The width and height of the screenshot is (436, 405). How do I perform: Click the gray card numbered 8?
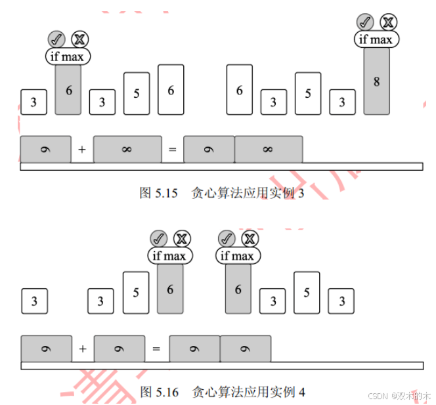coord(376,81)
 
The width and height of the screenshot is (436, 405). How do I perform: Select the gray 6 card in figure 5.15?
coord(68,90)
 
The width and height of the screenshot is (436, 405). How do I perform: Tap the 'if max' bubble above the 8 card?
coord(376,39)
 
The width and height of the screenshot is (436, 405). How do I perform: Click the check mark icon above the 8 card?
coord(364,22)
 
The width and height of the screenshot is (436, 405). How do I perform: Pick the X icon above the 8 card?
coord(388,22)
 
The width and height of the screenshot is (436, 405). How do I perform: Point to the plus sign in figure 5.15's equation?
coord(82,150)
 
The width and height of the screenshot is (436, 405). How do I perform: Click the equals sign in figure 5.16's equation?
coord(156,349)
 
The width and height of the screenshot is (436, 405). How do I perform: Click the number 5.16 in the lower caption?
coord(167,393)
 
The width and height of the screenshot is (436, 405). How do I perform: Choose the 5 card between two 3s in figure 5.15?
coord(137,93)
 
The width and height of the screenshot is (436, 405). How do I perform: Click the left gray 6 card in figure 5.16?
coord(170,289)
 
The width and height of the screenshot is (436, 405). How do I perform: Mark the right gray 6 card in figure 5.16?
coord(238,289)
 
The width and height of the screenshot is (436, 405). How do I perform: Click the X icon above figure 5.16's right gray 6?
coord(249,238)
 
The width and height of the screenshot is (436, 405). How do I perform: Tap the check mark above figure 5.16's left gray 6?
coord(158,238)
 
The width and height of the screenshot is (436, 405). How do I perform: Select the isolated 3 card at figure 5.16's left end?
coord(34,301)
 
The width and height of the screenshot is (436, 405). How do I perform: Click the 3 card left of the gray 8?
coord(342,102)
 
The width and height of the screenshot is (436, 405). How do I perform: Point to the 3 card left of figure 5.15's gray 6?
coord(33,102)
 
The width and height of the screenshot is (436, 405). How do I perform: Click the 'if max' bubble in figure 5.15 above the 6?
coord(68,56)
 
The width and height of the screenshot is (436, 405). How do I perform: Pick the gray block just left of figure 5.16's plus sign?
coord(46,349)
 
